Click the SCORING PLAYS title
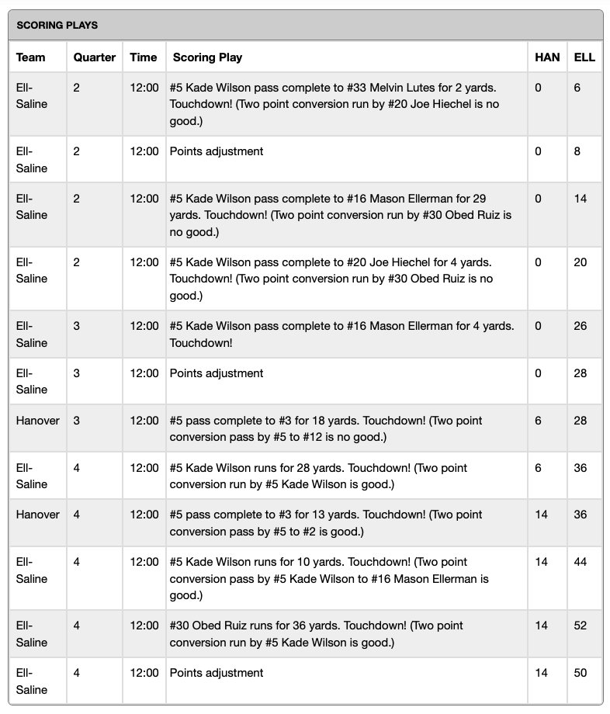coord(57,26)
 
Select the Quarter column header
coord(95,57)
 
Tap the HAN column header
coord(547,57)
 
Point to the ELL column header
coord(584,57)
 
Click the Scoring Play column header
coord(207,57)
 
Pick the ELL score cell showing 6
coord(577,88)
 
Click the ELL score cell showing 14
coord(581,199)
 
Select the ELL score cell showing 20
coord(581,262)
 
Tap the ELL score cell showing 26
coord(581,326)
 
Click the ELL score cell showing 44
coord(581,562)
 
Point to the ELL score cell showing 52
coord(581,626)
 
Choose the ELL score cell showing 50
coord(581,673)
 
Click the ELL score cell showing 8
coord(577,151)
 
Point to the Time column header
coord(144,57)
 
